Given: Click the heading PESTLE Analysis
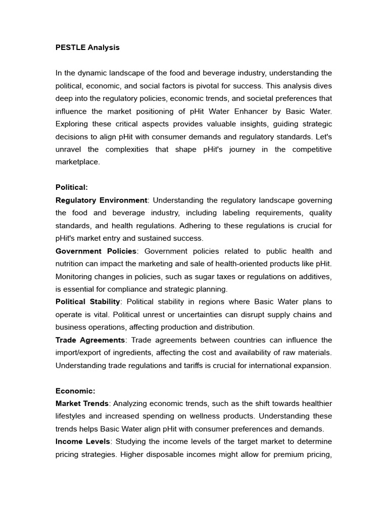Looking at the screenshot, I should pos(87,47).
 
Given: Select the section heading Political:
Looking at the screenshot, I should pos(71,187).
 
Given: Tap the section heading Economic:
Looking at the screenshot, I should pos(75,391).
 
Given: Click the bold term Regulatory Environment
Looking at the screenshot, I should pos(102,200).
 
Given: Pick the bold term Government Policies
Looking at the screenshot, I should pos(96,251).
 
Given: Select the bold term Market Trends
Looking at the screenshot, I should pos(82,403).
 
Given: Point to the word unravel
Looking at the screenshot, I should pos(68,149).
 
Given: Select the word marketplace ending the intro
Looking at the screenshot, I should pos(77,162).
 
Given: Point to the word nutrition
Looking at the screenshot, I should pos(72,264).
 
